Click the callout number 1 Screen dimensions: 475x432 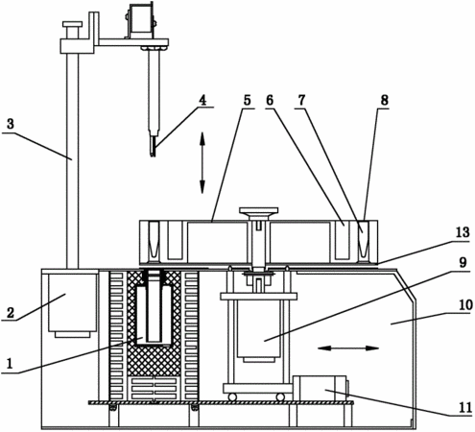click(10, 364)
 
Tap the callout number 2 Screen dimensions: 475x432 click(11, 312)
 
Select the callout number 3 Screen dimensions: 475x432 click(11, 124)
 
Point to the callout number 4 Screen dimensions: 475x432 click(202, 101)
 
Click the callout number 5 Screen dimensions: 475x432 click(247, 101)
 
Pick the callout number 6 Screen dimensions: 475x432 click(270, 101)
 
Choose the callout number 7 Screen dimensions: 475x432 click(301, 101)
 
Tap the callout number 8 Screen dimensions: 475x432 click(384, 101)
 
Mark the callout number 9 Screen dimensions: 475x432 click(463, 263)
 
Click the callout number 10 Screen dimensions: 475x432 click(465, 305)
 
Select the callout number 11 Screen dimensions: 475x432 click(465, 408)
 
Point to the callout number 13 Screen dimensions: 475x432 click(463, 232)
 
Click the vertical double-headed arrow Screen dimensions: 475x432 click(202, 163)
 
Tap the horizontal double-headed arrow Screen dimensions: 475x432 click(348, 348)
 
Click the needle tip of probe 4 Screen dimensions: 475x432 click(153, 156)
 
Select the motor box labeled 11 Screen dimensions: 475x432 click(320, 388)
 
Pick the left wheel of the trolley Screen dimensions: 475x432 click(232, 397)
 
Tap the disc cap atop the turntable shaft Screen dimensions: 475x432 click(258, 211)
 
